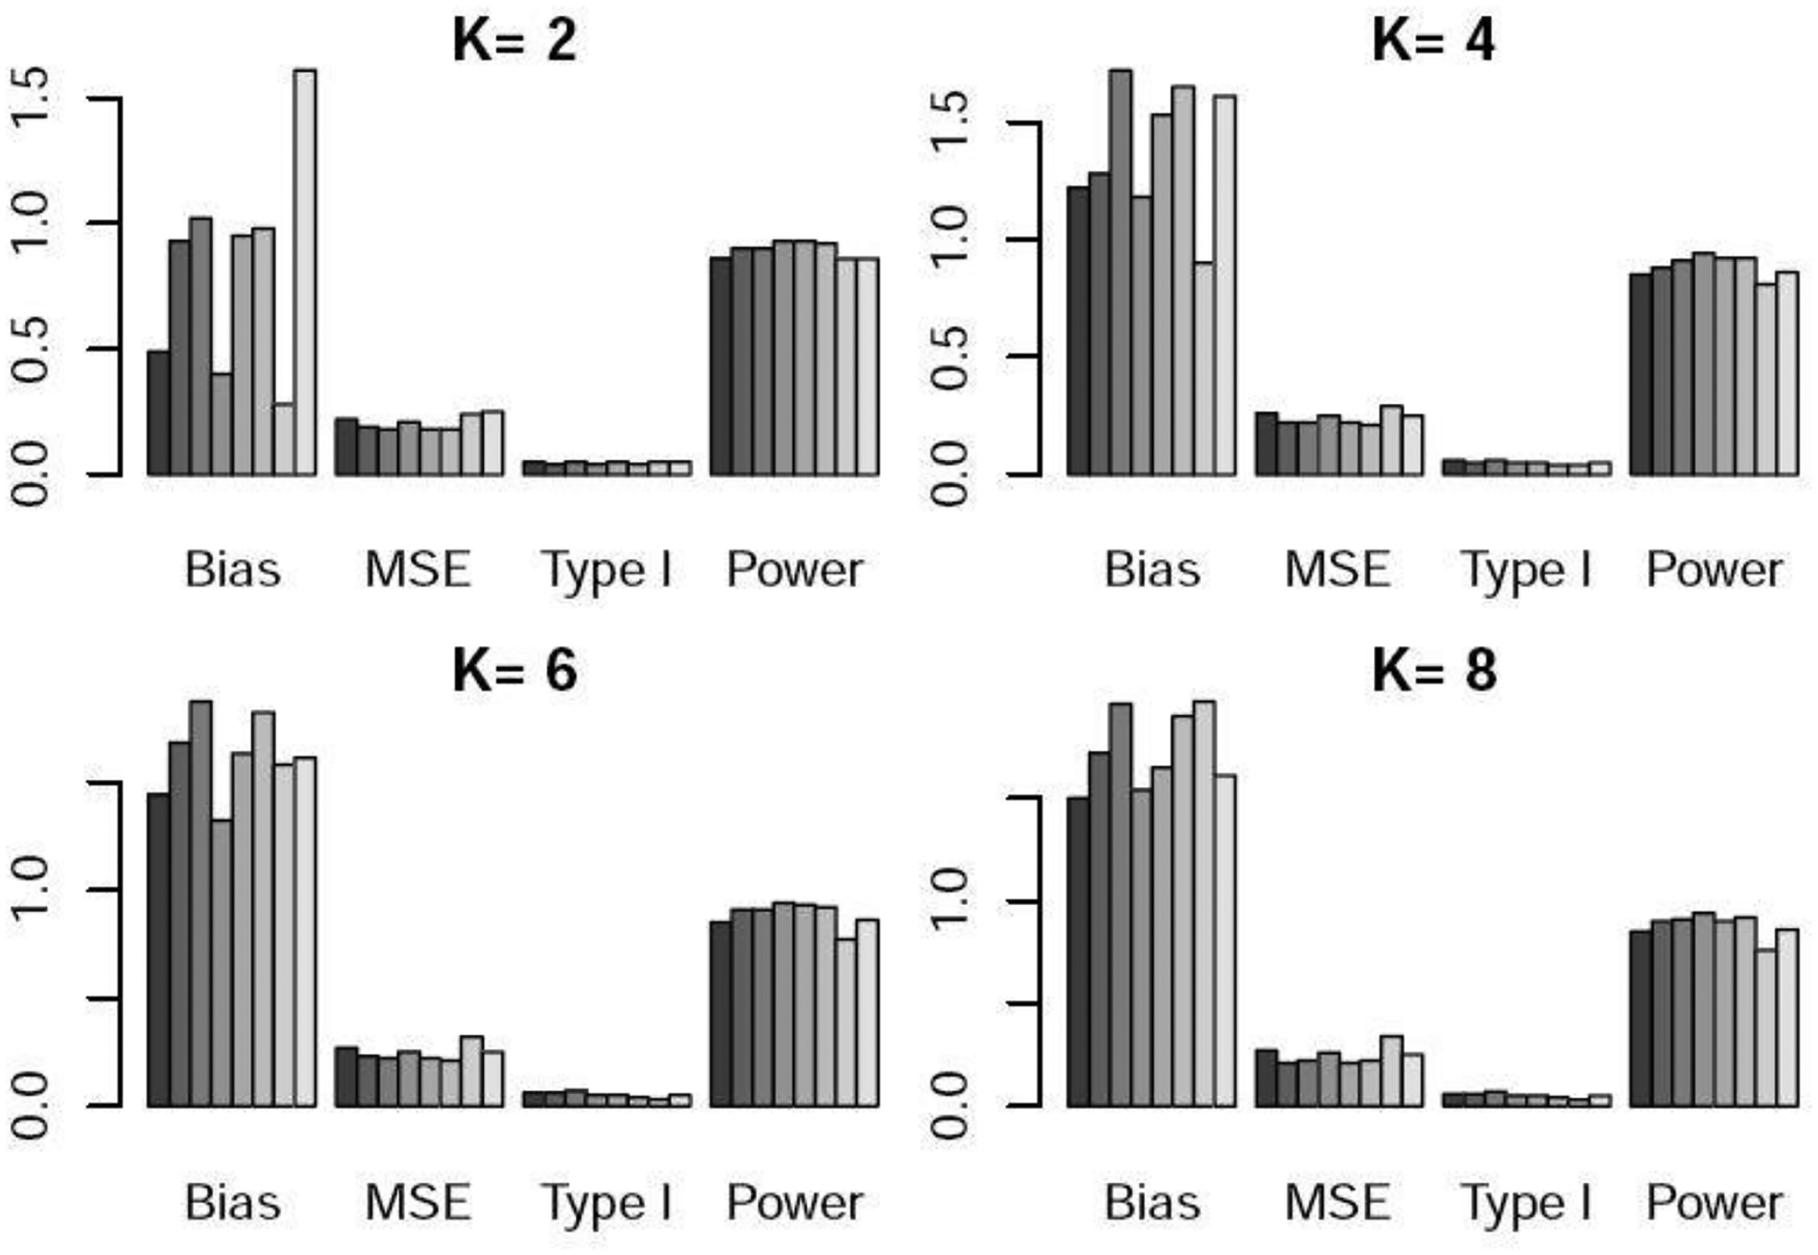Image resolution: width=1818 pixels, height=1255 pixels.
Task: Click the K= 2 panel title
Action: (515, 41)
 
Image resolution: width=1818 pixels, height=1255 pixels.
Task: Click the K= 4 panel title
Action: (1434, 41)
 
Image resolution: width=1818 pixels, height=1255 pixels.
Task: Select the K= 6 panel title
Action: (515, 670)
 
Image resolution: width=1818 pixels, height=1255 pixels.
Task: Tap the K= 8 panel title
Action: (1434, 670)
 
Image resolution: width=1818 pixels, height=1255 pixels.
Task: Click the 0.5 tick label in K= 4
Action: (950, 357)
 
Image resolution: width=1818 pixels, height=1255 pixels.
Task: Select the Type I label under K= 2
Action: (607, 570)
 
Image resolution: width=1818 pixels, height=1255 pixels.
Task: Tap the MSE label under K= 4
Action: (1338, 570)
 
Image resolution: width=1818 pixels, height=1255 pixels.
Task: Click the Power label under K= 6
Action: (794, 1202)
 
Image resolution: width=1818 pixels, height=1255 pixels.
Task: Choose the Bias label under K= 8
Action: (1152, 1202)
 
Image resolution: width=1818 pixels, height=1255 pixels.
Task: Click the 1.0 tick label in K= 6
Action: (31, 889)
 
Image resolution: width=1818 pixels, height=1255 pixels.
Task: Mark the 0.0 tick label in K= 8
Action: (950, 1105)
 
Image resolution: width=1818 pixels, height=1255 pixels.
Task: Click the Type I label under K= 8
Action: (1527, 1202)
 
